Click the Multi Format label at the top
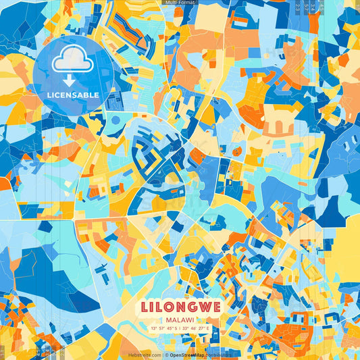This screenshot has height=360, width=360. [x=179, y=3]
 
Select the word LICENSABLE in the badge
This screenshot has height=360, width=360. [x=73, y=95]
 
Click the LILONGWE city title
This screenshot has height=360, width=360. [x=180, y=306]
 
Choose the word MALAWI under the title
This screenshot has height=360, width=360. [x=180, y=319]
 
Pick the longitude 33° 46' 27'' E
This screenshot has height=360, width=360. [x=201, y=329]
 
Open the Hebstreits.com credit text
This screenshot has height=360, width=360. [x=145, y=355]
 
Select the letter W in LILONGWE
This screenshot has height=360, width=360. [x=203, y=306]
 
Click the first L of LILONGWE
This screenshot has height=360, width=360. [x=145, y=306]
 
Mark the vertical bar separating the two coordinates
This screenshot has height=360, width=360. [x=181, y=329]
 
